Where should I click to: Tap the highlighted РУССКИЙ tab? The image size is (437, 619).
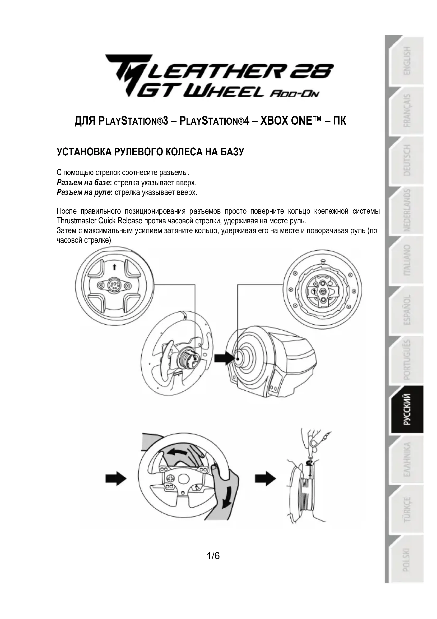point(407,409)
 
